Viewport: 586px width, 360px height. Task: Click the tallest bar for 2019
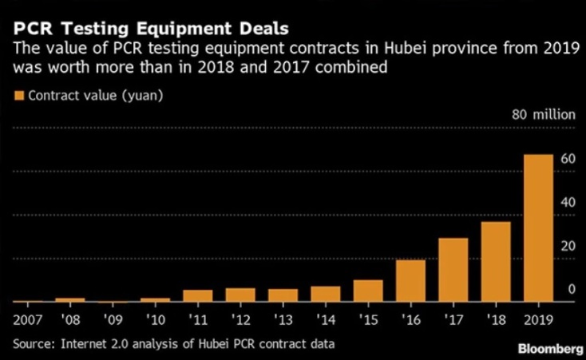pos(538,228)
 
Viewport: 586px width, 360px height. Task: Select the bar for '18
pos(496,262)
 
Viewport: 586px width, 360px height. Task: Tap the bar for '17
pos(453,270)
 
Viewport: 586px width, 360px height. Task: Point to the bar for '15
pos(368,291)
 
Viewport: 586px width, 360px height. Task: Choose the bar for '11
pos(197,295)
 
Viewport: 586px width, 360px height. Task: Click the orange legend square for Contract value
pos(19,95)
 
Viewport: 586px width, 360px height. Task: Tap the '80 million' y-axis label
pos(543,114)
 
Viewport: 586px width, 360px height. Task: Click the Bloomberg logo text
pos(549,350)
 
